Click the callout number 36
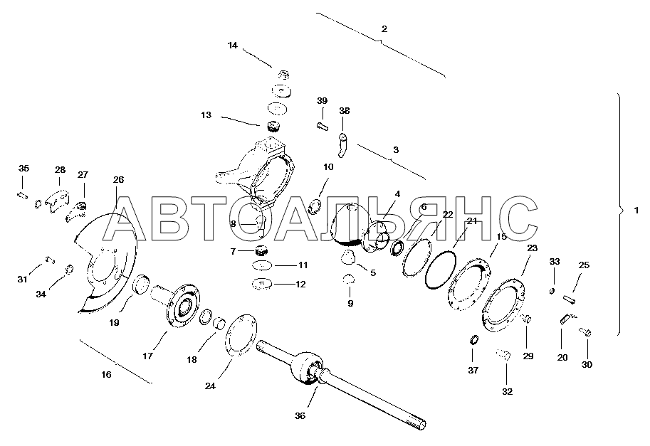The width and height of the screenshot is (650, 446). (x=300, y=416)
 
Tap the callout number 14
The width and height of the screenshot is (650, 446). (x=233, y=46)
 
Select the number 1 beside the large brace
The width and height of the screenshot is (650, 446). (x=636, y=211)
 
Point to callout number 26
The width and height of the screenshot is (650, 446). (x=118, y=180)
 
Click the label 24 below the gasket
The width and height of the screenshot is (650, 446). (x=210, y=386)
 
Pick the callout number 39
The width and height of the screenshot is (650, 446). (x=322, y=100)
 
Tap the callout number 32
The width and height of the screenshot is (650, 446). (x=508, y=391)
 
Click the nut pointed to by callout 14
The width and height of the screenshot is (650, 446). (x=283, y=75)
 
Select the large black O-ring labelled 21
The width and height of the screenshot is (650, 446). (x=440, y=271)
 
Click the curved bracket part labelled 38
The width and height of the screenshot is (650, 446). (x=343, y=146)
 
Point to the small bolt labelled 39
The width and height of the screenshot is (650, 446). (x=323, y=125)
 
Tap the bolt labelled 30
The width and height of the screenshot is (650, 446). (x=585, y=331)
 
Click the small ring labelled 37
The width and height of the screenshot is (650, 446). (x=474, y=340)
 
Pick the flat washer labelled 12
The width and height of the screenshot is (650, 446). (x=261, y=284)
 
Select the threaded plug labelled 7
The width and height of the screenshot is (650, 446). (x=261, y=251)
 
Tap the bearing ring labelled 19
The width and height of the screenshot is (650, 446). (x=142, y=284)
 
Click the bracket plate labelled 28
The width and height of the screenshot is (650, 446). (x=57, y=201)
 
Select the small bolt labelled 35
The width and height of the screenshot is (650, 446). (x=22, y=196)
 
